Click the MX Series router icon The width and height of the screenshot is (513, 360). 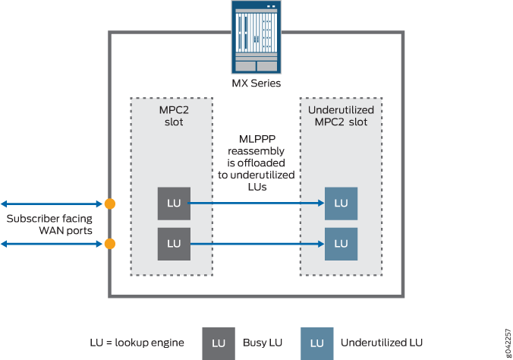256,36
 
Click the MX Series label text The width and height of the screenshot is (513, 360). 256,82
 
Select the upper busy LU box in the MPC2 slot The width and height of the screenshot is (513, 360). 174,204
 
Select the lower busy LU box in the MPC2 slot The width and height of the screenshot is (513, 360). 174,244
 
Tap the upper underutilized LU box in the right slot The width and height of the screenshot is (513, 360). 341,204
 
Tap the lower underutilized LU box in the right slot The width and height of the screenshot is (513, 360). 341,244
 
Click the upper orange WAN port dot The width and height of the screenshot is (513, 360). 110,204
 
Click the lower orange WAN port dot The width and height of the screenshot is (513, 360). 110,244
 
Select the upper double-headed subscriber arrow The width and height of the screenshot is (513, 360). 51,204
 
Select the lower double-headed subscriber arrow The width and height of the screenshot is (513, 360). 51,244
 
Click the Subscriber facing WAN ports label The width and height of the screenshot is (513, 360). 50,224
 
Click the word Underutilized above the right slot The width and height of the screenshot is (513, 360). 341,111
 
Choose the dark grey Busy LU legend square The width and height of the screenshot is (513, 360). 219,343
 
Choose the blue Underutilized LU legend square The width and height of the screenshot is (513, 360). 316,343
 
